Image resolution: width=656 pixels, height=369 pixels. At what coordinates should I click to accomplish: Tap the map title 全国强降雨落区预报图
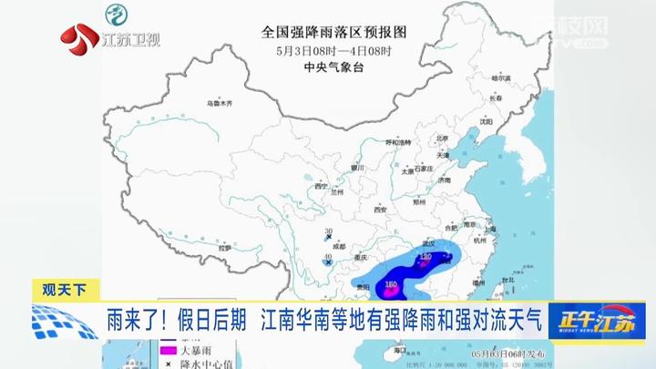pos(333,31)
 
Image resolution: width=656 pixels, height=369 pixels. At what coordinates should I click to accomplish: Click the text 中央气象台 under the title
pos(333,67)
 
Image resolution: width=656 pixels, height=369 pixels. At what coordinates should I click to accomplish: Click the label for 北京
pos(443,139)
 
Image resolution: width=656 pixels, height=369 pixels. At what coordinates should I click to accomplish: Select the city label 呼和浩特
pos(401,143)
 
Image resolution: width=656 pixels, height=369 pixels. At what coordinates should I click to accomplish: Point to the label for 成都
pos(340,245)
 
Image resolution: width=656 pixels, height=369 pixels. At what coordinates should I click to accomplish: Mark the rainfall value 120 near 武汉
pos(425,259)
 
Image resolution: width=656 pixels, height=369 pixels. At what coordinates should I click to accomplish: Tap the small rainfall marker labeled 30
pos(328,233)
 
